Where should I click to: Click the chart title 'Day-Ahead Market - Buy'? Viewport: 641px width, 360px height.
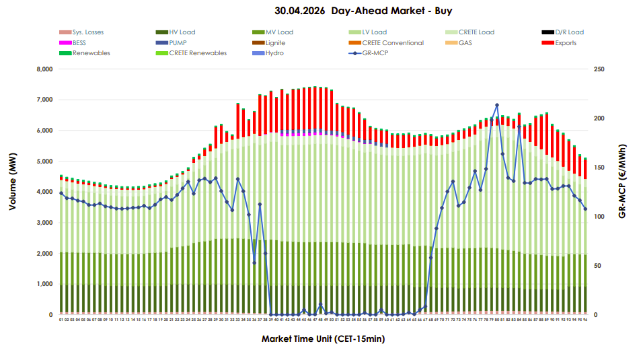point(363,11)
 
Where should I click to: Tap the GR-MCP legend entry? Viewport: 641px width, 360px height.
point(375,53)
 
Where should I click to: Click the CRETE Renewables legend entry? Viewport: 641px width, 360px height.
point(198,53)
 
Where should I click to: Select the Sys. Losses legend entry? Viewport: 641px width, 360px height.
point(87,32)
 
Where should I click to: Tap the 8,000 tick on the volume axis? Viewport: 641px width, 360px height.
point(44,69)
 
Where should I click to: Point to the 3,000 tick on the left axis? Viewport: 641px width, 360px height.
point(44,223)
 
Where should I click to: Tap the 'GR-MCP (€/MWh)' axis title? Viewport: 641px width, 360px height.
point(623,180)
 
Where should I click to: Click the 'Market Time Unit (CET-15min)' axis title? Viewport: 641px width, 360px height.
point(323,339)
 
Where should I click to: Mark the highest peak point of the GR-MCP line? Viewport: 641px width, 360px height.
point(497,105)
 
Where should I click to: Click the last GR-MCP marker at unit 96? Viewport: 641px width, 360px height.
point(585,209)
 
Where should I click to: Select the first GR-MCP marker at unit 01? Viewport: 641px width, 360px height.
point(61,193)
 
